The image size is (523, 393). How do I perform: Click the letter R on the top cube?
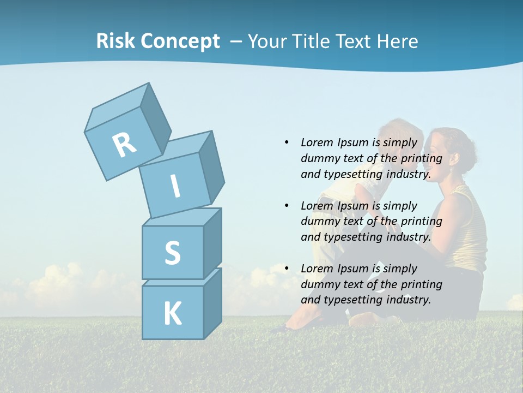tap(124, 145)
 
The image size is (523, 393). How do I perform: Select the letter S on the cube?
tap(172, 253)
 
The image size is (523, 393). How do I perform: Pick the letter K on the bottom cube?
tap(172, 313)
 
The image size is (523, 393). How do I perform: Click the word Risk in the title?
tap(115, 41)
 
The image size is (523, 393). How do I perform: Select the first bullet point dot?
tap(287, 142)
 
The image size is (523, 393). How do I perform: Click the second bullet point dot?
tap(287, 206)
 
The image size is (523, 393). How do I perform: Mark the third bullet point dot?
tap(287, 269)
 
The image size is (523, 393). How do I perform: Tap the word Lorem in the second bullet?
tap(317, 206)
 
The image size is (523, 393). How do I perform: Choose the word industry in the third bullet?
tap(408, 300)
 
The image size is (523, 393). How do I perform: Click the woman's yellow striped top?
tap(468, 229)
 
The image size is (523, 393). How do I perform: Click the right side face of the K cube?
tap(212, 302)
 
